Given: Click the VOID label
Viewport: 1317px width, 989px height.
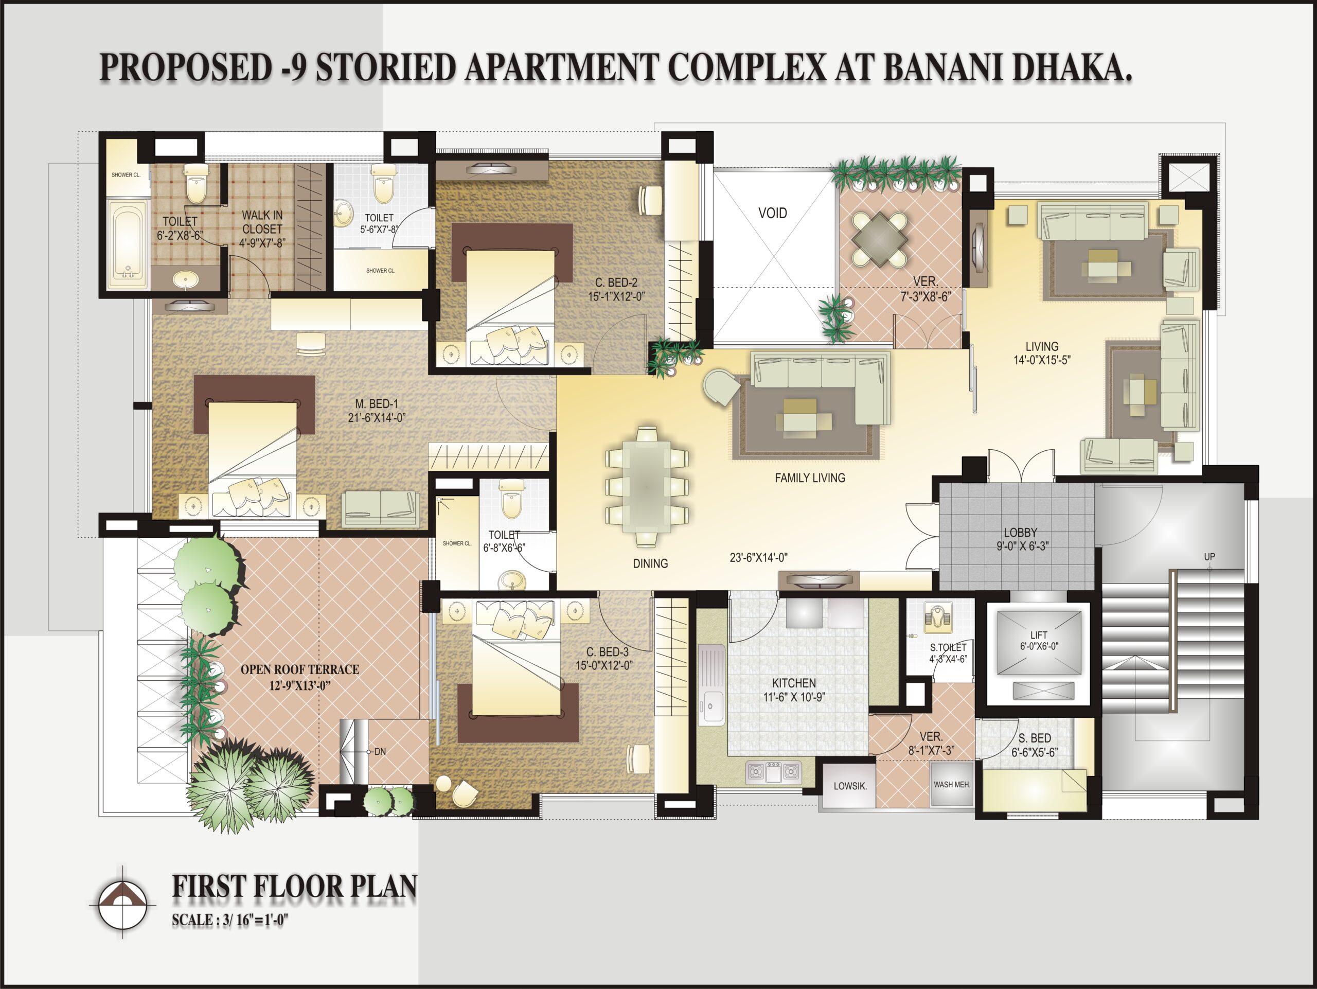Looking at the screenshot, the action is click(x=772, y=213).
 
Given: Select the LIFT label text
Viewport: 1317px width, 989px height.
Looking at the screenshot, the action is click(x=1039, y=635).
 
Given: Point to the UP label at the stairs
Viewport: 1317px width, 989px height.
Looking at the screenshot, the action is click(x=1209, y=557).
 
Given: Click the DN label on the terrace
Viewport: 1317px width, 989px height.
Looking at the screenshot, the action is click(x=380, y=751).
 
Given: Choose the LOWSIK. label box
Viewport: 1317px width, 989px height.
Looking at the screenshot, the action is click(x=850, y=786).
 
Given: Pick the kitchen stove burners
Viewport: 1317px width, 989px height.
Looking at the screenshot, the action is click(x=773, y=773).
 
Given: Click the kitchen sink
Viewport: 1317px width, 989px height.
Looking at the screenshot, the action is click(x=711, y=685).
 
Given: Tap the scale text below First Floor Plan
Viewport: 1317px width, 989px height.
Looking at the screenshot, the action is click(x=230, y=920).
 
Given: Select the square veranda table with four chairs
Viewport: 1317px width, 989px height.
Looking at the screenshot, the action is click(x=879, y=239).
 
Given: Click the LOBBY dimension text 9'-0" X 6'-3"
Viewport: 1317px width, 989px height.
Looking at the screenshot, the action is click(x=1022, y=545).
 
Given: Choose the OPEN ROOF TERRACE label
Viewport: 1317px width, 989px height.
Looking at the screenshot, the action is click(x=299, y=669).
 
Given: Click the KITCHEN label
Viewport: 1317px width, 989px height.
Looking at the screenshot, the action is click(x=794, y=683).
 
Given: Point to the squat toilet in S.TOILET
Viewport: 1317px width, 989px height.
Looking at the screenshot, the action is click(x=937, y=617).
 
